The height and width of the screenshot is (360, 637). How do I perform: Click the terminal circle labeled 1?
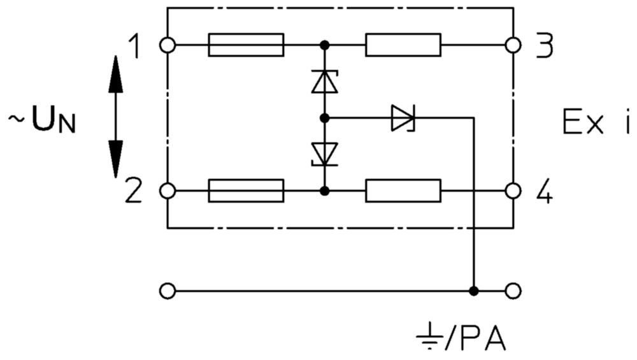(x=168, y=45)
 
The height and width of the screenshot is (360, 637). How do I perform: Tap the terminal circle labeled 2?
(x=168, y=191)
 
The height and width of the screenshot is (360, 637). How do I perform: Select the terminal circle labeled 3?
(x=513, y=45)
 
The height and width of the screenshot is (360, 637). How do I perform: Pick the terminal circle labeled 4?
(x=513, y=191)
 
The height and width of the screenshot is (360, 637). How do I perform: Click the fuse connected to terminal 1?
(x=246, y=45)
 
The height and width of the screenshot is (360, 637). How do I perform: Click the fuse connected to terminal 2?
(x=246, y=191)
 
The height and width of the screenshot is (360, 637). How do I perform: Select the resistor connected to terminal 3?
(x=403, y=45)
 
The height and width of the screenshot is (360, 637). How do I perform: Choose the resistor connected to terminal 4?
(x=403, y=191)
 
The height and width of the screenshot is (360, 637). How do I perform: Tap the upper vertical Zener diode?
(x=325, y=82)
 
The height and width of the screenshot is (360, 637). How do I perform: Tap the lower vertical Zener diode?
(x=325, y=154)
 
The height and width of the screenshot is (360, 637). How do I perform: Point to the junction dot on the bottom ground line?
(x=474, y=291)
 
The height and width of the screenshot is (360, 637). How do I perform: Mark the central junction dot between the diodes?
(x=325, y=118)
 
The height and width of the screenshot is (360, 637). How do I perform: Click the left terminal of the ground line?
(x=168, y=291)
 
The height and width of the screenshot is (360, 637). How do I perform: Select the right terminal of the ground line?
(x=513, y=291)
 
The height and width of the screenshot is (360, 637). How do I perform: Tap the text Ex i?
(x=596, y=122)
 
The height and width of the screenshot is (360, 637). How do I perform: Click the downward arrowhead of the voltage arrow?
(x=115, y=159)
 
